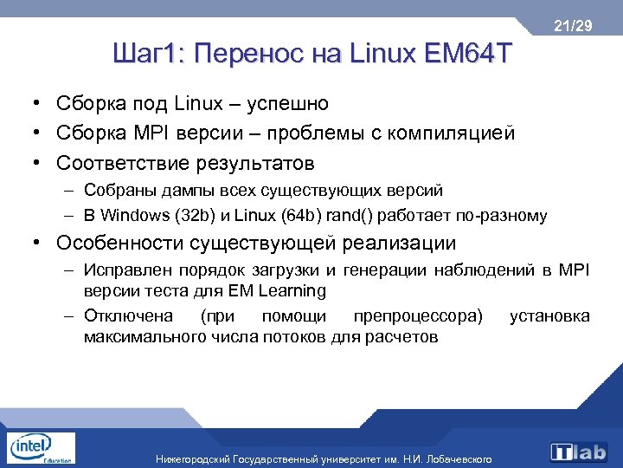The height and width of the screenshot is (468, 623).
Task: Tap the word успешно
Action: click(x=287, y=104)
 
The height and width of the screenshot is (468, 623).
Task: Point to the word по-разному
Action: click(x=509, y=215)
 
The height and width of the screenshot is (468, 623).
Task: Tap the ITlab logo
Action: click(x=579, y=452)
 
